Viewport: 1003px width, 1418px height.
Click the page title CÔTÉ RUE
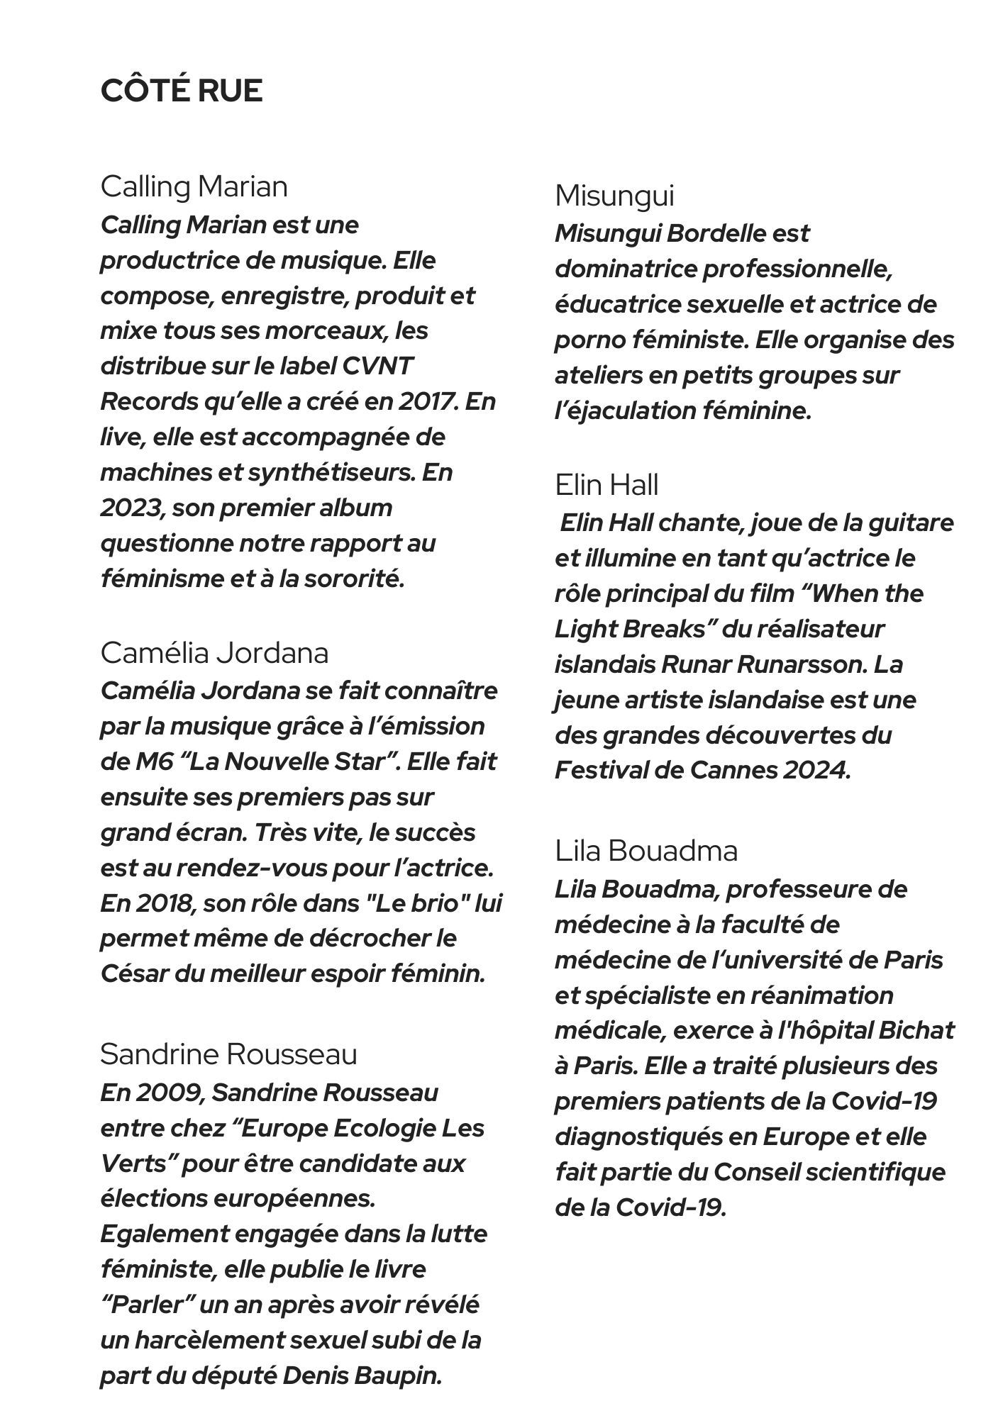pos(182,91)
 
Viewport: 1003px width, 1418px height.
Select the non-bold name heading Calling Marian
pos(194,187)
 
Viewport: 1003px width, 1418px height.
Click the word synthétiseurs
pos(331,472)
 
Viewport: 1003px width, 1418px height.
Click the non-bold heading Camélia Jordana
pos(214,653)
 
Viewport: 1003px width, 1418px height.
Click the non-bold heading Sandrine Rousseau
pos(228,1054)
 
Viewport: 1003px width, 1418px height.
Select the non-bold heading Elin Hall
pos(607,486)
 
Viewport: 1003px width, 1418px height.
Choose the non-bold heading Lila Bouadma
pos(646,851)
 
